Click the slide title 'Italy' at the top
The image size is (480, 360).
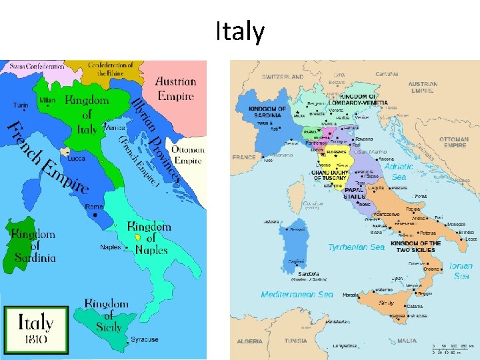(x=240, y=32)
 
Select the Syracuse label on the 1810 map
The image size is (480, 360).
(x=145, y=339)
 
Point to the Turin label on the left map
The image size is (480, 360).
(x=21, y=105)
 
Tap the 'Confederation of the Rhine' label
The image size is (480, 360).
(x=111, y=69)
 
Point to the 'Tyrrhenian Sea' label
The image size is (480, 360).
(x=356, y=247)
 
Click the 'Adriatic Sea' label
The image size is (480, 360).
(x=399, y=172)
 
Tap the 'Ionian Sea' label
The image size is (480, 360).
(x=461, y=271)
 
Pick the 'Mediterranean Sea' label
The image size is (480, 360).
(x=297, y=294)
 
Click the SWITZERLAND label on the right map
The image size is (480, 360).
(x=283, y=77)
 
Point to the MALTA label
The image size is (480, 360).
(x=407, y=341)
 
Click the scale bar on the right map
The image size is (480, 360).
(x=454, y=349)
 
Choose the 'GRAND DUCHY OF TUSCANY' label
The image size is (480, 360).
(x=329, y=175)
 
